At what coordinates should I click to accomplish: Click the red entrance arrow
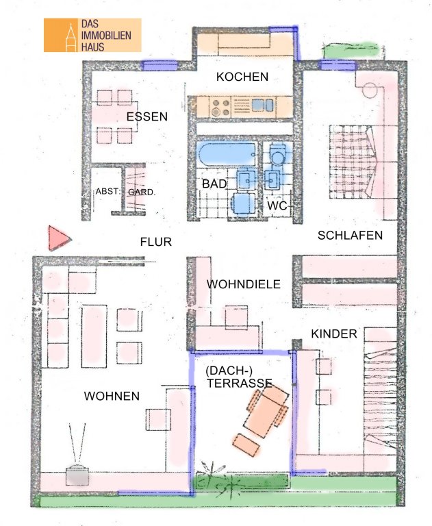[x=58, y=238]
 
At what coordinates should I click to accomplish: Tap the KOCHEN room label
[x=242, y=77]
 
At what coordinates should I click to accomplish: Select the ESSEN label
[x=147, y=116]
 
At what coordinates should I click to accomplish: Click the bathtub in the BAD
[x=227, y=155]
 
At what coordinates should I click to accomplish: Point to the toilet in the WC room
[x=279, y=153]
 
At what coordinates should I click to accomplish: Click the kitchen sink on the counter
[x=263, y=105]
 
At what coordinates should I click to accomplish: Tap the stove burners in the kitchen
[x=220, y=108]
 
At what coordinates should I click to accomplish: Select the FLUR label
[x=156, y=242]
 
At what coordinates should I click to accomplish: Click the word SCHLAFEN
[x=350, y=236]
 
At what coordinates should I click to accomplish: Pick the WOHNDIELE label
[x=244, y=284]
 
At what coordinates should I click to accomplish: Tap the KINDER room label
[x=334, y=334]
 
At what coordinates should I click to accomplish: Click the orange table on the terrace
[x=266, y=411]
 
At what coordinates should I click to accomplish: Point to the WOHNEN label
[x=112, y=396]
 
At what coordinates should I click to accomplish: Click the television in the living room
[x=77, y=475]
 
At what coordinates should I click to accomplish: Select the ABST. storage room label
[x=107, y=192]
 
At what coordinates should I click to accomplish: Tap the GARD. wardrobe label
[x=142, y=192]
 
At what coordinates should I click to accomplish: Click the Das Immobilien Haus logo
[x=92, y=35]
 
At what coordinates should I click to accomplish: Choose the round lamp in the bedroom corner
[x=370, y=90]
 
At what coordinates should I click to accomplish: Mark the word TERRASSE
[x=239, y=383]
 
